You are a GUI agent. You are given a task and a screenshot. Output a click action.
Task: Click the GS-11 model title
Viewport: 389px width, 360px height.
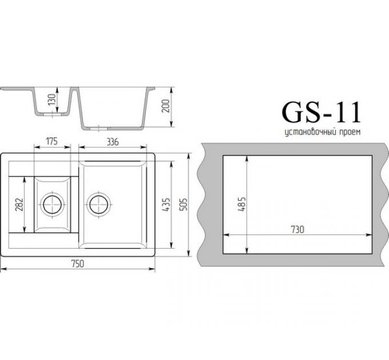coord(320,113)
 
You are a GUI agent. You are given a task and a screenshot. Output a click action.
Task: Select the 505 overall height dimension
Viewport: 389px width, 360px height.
coord(184,204)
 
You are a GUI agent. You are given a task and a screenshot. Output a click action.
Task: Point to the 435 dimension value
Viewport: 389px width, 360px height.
coord(165,204)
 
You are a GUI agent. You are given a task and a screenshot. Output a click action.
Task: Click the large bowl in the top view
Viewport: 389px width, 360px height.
coord(117,223)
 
